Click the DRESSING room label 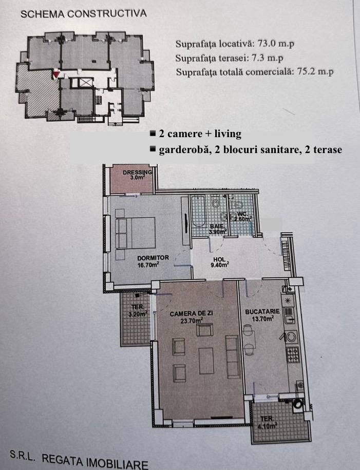(x=137, y=173)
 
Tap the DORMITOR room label (x=153, y=258)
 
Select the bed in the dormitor (x=135, y=233)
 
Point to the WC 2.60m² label (x=242, y=216)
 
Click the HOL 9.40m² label (x=220, y=262)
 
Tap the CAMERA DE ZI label (x=191, y=314)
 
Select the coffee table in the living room (x=206, y=361)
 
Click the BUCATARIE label (x=262, y=312)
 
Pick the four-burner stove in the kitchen (x=293, y=354)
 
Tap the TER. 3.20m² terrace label (x=138, y=311)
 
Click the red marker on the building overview (x=56, y=74)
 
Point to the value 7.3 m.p (x=267, y=58)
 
